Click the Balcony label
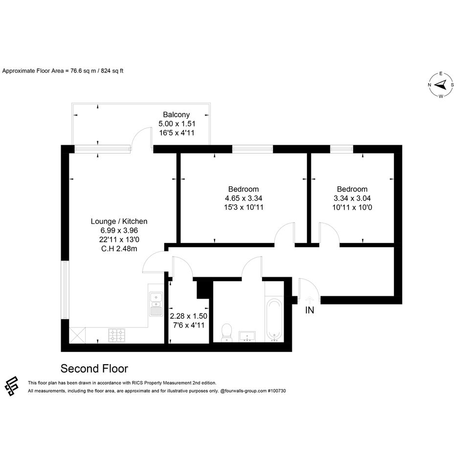176,114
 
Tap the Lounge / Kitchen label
119,221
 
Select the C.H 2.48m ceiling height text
119,249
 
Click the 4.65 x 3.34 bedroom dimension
243,198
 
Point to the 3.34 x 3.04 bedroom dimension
352,198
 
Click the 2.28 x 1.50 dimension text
189,316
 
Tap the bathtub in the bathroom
274,320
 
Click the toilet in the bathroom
226,333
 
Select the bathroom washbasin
247,336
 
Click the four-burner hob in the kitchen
117,335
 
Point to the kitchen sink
155,304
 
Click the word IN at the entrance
309,310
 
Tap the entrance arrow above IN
309,300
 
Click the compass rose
441,85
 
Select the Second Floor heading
94,369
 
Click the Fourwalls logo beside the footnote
12,386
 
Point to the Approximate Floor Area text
63,71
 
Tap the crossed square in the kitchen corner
77,335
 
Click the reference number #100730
277,391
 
